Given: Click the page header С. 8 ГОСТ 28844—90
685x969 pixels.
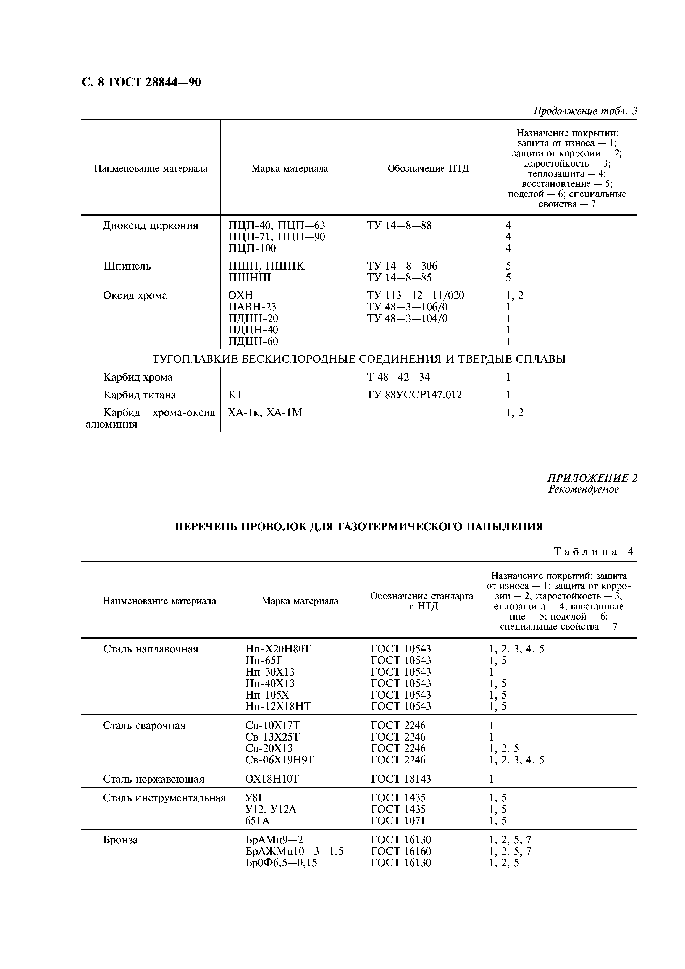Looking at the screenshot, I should (x=141, y=82).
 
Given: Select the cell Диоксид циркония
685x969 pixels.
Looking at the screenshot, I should (x=150, y=226).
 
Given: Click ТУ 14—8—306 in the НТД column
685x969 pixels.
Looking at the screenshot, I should (x=402, y=266).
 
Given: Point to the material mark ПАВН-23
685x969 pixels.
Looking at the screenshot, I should (x=252, y=307).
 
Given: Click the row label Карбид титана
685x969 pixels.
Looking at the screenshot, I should (x=140, y=395).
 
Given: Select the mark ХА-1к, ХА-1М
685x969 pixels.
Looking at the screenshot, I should (x=265, y=412).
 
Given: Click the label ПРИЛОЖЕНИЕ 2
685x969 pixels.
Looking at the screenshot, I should (x=592, y=478).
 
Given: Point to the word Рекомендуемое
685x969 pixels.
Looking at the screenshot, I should (x=583, y=489).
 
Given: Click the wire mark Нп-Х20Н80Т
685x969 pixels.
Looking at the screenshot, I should (x=278, y=649).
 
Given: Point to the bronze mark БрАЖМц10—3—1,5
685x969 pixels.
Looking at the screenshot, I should (x=294, y=851).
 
